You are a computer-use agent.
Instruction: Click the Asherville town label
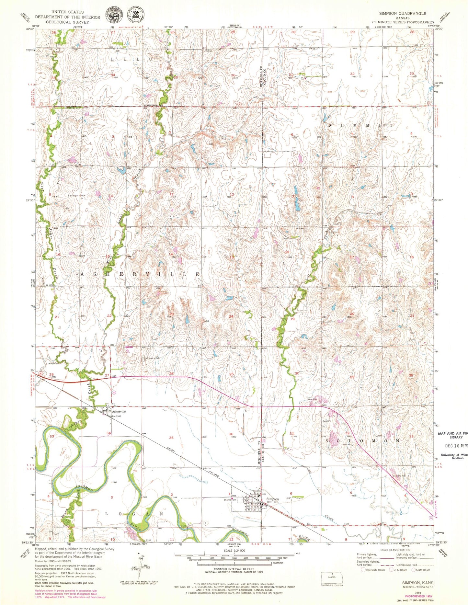pos(119,412)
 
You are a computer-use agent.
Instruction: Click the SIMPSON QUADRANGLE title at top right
pos(403,13)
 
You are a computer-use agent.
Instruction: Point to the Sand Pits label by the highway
pos(313,399)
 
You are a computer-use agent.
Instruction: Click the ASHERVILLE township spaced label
pos(140,274)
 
